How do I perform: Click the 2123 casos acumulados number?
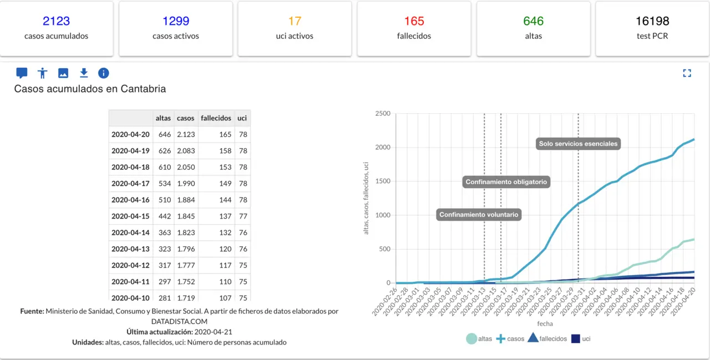(56, 21)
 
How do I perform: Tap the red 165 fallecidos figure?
(414, 21)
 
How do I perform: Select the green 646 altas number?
(533, 21)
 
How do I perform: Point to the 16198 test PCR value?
(652, 21)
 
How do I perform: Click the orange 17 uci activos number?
(295, 21)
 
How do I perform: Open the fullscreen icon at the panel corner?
(687, 73)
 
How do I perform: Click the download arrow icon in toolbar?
(84, 73)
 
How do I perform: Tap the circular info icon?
(104, 73)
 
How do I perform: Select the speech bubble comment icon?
(22, 73)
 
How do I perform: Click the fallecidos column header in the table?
(216, 118)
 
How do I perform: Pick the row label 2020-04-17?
(130, 184)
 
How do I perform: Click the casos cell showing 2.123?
(185, 134)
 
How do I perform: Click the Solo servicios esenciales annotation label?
(578, 144)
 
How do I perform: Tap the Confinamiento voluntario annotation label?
(479, 215)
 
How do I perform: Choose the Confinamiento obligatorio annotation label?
(506, 182)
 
